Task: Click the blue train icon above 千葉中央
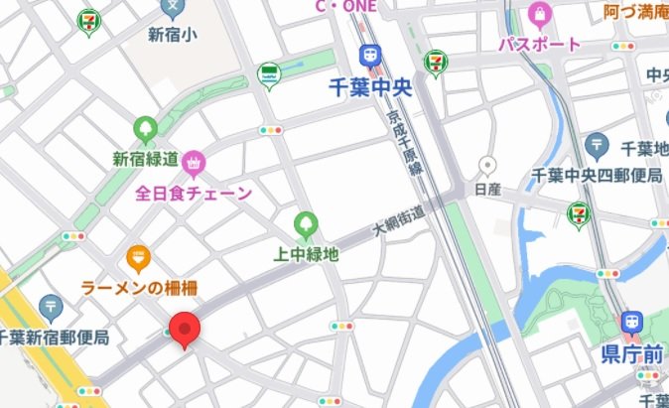(370, 56)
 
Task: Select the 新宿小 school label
(173, 35)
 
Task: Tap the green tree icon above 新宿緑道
(145, 128)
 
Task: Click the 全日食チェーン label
(195, 193)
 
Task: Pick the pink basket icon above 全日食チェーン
(194, 161)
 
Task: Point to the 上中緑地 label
(306, 254)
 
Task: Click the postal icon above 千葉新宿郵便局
(52, 306)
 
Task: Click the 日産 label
(487, 188)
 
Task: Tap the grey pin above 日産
(486, 165)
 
